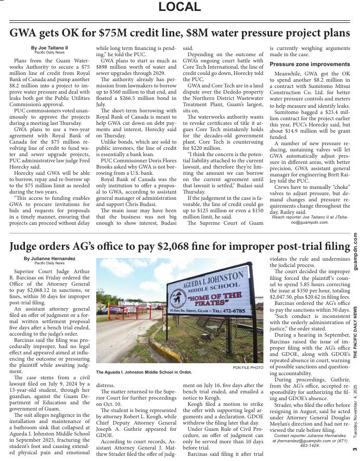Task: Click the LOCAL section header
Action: click(179, 7)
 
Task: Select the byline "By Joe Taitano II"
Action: click(49, 48)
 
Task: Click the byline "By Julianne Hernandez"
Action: click(49, 259)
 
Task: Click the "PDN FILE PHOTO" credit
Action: click(248, 367)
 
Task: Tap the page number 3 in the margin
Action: click(355, 450)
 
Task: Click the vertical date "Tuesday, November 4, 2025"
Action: click(355, 411)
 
